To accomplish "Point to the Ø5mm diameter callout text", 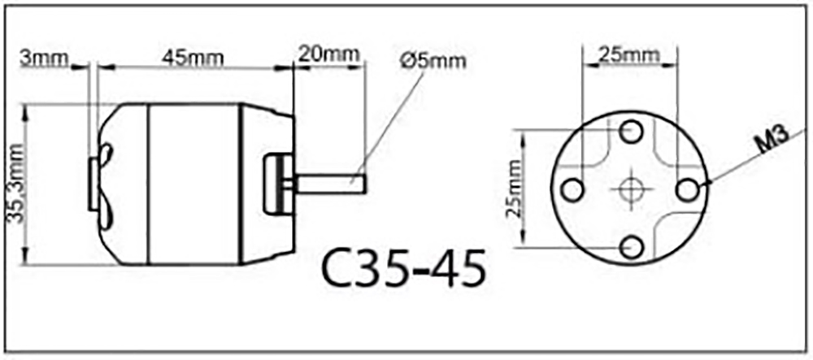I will tap(433, 61).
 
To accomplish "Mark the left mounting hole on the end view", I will tap(572, 189).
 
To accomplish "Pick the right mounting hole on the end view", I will tap(689, 189).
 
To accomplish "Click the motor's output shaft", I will tap(333, 180).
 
